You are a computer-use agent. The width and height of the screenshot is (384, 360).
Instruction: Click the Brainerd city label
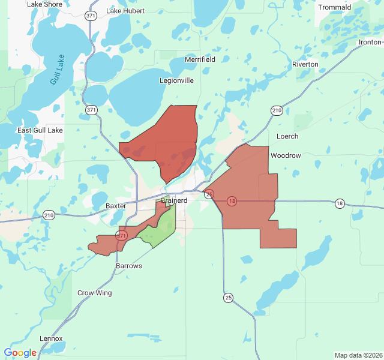(174, 200)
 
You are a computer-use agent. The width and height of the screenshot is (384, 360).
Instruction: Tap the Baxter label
(116, 206)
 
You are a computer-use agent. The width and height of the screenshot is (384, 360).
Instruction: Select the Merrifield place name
(200, 59)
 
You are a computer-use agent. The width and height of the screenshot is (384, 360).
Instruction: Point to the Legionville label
(176, 80)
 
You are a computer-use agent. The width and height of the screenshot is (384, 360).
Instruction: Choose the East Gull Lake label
(40, 131)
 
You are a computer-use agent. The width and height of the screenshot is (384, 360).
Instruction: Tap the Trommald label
(335, 7)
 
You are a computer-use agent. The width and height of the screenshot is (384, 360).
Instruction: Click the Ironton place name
(370, 42)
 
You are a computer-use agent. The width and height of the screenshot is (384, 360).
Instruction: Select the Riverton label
(305, 64)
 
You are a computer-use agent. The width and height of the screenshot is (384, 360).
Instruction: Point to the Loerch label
(287, 136)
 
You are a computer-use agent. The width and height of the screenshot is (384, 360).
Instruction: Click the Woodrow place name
(286, 155)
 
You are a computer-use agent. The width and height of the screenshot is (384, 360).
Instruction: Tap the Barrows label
(129, 265)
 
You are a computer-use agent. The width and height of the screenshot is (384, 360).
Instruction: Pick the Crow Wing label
(94, 293)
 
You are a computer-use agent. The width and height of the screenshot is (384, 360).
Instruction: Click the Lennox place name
(51, 338)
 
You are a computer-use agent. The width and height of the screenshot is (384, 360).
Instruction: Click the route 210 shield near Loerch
(277, 110)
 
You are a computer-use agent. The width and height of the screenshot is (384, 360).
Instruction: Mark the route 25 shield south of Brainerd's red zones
(228, 298)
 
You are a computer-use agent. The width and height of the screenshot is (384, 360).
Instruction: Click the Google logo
(20, 353)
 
